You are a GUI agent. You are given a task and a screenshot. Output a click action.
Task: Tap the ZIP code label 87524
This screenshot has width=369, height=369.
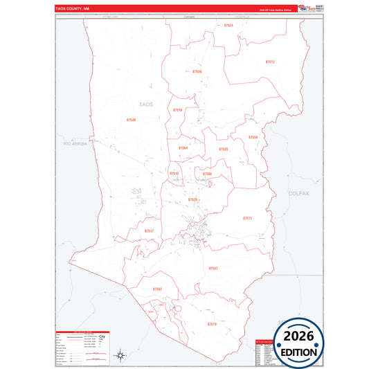coord(229,25)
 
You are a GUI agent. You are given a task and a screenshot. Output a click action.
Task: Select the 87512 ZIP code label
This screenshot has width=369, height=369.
coord(270,62)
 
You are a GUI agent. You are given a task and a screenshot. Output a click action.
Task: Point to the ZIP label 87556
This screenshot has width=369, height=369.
coord(197,71)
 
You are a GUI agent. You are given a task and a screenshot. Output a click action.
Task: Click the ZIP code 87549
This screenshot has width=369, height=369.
coord(132,120)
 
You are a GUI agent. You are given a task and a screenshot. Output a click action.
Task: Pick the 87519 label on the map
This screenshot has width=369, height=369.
coord(178,110)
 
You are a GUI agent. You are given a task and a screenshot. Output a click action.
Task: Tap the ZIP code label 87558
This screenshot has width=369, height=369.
coord(253,137)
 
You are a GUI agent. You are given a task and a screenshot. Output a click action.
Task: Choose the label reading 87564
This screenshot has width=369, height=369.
coord(183,148)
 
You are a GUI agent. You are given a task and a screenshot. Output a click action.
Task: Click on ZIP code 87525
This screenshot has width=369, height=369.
coord(223,149)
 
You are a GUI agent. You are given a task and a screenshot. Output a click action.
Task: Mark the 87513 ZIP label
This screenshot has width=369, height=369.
coord(174,174)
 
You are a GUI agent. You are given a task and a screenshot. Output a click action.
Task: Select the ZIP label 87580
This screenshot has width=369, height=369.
coord(207,174)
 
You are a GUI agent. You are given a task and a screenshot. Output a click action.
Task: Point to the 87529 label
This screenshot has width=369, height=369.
coord(192,199)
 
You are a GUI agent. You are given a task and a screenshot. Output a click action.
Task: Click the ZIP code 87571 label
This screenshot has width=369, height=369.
coord(247,218)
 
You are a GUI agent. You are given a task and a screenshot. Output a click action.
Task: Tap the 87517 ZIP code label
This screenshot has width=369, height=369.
coord(149,231)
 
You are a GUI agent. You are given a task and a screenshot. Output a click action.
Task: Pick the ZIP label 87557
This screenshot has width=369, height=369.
coord(213,267)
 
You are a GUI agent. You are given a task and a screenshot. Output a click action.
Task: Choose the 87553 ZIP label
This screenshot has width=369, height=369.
coord(157,289)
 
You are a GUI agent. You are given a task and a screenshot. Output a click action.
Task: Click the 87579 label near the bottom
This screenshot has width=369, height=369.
coord(212,323)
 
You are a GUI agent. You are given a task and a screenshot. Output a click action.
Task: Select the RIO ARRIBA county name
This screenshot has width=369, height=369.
coord(77,143)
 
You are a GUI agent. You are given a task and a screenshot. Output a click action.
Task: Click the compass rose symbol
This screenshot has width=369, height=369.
coord(120,355)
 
